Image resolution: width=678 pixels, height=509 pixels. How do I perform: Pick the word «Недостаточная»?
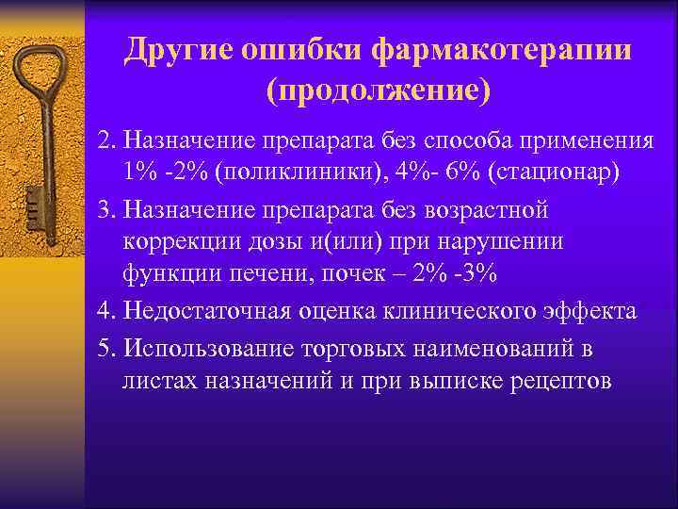[x=210, y=311]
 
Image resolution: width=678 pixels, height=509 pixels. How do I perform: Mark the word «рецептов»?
[x=533, y=381]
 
